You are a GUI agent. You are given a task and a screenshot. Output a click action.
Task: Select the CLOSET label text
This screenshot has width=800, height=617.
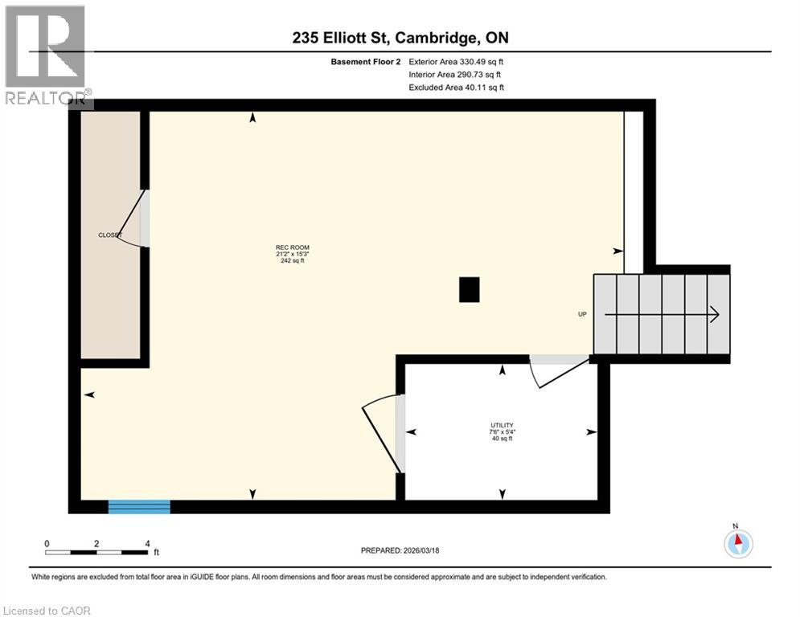pyautogui.click(x=109, y=235)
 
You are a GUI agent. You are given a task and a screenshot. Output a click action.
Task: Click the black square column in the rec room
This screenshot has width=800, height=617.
pyautogui.click(x=469, y=289)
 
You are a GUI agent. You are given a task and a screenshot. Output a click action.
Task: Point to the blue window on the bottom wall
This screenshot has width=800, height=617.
pyautogui.click(x=139, y=506)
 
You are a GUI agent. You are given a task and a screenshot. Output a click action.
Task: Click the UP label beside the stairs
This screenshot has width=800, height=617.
pyautogui.click(x=582, y=315)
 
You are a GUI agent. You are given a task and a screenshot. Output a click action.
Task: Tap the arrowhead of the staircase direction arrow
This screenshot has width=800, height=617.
pyautogui.click(x=713, y=315)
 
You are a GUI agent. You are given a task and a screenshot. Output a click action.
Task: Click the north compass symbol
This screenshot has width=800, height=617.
pyautogui.click(x=737, y=543)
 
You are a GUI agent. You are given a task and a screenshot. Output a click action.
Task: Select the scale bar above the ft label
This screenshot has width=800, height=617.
pyautogui.click(x=96, y=552)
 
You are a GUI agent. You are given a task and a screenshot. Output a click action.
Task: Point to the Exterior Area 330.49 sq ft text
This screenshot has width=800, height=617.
pyautogui.click(x=457, y=61)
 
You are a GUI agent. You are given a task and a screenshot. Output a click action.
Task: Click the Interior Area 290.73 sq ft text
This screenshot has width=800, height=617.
pyautogui.click(x=457, y=75)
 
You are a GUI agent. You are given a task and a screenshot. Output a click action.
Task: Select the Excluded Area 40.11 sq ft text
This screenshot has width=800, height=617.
pyautogui.click(x=457, y=88)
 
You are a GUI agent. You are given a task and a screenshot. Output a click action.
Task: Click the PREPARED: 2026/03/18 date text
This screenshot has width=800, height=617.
pyautogui.click(x=400, y=550)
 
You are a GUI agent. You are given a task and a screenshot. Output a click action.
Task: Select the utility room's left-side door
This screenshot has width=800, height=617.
pyautogui.click(x=383, y=434)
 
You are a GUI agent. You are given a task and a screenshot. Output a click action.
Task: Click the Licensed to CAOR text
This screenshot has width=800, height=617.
pyautogui.click(x=47, y=611)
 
